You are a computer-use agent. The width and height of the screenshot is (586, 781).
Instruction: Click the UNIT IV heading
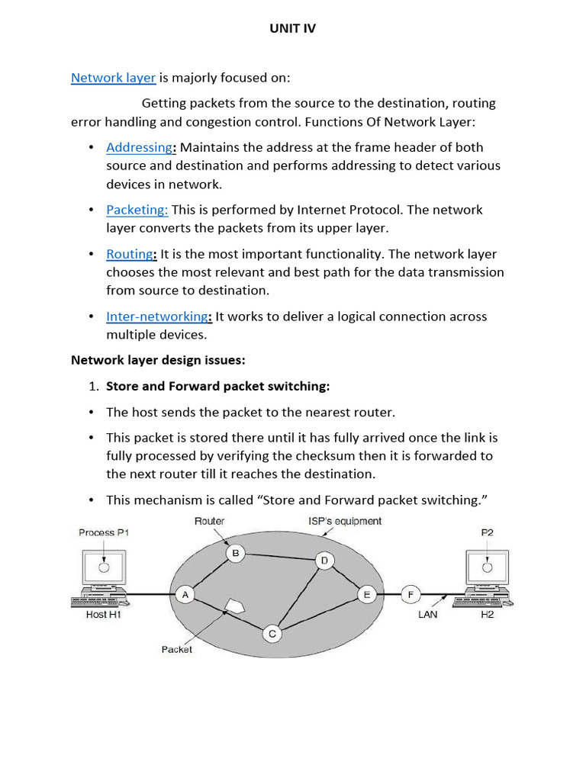[x=292, y=28]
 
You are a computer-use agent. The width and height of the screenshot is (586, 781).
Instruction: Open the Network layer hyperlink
[x=113, y=77]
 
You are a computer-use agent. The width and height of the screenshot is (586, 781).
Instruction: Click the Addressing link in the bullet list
[x=140, y=147]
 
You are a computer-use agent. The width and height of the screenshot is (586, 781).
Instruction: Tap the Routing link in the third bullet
[x=130, y=254]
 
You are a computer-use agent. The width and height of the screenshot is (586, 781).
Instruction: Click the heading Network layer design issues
[x=159, y=360]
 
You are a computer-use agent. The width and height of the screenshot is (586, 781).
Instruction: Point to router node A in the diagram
[x=184, y=595]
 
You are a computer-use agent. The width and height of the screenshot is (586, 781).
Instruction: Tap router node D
[x=324, y=561]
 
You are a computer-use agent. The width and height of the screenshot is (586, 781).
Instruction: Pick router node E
[x=367, y=595]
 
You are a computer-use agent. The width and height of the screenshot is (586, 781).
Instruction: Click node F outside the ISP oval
[x=411, y=595]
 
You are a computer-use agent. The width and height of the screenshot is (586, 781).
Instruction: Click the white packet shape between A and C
[x=234, y=606]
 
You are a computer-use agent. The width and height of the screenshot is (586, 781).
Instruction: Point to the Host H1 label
[x=103, y=614]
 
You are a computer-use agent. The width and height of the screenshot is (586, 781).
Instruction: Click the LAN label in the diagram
[x=427, y=614]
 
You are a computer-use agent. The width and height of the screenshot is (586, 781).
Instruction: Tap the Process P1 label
[x=104, y=532]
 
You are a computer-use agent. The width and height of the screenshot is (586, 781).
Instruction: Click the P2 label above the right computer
[x=487, y=532]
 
